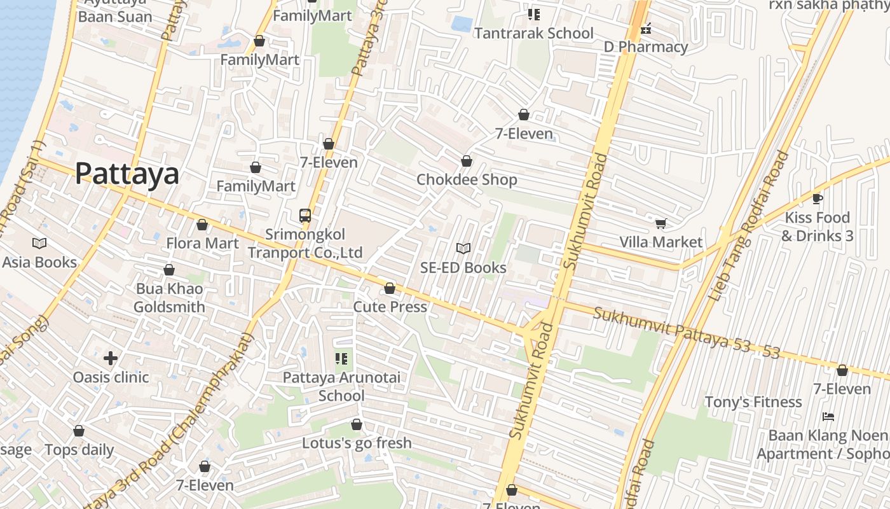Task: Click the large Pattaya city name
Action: [x=127, y=174]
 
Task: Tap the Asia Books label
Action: [x=39, y=261]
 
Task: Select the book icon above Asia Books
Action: [x=39, y=243]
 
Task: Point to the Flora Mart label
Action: [x=202, y=243]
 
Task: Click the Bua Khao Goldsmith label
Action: [x=169, y=298]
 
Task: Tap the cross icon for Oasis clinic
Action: [x=111, y=358]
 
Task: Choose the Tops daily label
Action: [x=79, y=450]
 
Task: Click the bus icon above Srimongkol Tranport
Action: [x=305, y=216]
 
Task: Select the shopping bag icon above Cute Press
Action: [x=390, y=288]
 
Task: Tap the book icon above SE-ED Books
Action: [x=463, y=249]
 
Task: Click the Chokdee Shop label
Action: [x=467, y=179]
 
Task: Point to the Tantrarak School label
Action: [x=533, y=33]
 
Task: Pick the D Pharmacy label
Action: [x=646, y=46]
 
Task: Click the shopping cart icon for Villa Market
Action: [x=661, y=223]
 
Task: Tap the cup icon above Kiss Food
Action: [x=818, y=199]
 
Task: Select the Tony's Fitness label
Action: [x=753, y=402]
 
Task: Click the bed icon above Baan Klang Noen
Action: [x=828, y=417]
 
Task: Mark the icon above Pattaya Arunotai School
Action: [x=341, y=359]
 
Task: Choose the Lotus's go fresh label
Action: [x=357, y=443]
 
